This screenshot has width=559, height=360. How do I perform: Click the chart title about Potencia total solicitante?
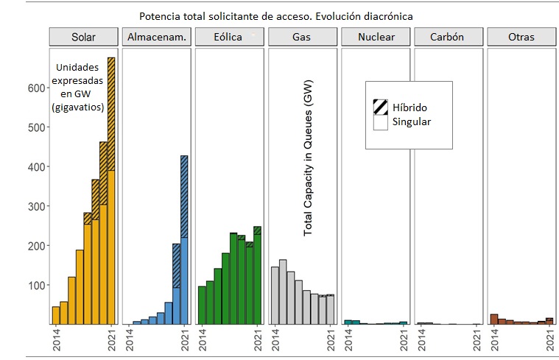(276, 15)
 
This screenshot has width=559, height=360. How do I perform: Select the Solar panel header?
(82, 37)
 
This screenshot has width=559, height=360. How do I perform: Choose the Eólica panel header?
(229, 37)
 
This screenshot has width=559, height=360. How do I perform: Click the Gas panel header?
(302, 37)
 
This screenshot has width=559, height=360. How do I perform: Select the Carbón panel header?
(448, 37)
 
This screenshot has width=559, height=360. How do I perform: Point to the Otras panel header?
(521, 37)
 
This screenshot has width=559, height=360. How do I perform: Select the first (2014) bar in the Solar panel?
(56, 315)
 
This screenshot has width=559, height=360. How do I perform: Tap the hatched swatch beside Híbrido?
(380, 107)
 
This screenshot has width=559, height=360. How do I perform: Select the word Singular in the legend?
(412, 122)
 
